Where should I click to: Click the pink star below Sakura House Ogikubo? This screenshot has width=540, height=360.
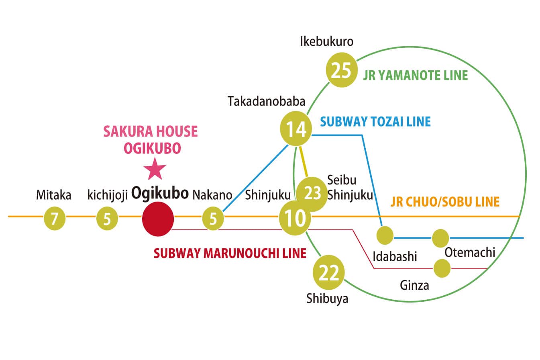[155, 170]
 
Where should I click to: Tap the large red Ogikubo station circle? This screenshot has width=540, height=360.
[158, 219]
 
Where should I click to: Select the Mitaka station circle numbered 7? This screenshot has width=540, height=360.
[54, 219]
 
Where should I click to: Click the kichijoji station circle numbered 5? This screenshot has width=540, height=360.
[107, 219]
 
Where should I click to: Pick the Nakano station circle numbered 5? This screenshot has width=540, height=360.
[213, 219]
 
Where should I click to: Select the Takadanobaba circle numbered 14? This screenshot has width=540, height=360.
[296, 129]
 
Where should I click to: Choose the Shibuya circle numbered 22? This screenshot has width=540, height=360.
[329, 274]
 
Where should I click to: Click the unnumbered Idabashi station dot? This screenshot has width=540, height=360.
[385, 235]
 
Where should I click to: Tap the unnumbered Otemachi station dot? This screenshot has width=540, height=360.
[440, 238]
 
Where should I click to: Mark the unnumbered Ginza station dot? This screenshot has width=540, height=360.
[442, 268]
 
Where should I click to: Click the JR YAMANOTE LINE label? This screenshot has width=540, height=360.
[416, 76]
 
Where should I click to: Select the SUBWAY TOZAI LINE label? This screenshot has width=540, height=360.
[375, 121]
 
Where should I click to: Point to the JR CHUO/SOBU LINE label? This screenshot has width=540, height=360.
[445, 202]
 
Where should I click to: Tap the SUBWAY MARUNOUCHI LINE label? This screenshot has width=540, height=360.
[230, 253]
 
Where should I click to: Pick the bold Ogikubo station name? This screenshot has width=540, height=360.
[160, 194]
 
